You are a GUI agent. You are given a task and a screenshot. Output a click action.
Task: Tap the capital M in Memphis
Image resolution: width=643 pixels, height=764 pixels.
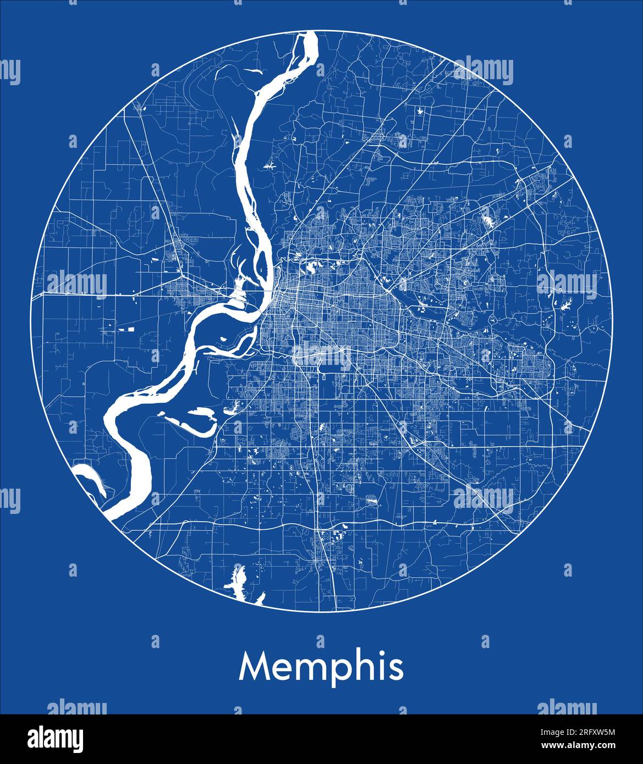254,666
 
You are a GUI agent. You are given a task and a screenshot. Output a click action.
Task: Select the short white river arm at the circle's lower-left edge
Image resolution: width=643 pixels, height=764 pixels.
88,476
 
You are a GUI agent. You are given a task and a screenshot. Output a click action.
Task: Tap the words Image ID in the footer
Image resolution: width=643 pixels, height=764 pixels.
550,732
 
